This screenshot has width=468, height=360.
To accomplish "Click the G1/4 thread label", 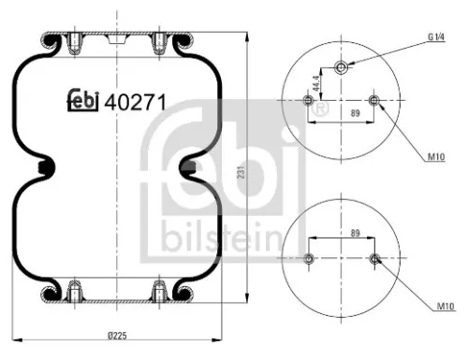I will point(436,36).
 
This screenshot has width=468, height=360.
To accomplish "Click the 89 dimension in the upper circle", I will point(343,111).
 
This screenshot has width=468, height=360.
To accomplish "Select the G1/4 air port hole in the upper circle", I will point(342,66).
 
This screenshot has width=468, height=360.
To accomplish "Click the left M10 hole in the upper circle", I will point(310,101).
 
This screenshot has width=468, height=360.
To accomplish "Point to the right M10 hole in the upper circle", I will point(374,101).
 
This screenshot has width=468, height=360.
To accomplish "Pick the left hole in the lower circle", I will point(310,258).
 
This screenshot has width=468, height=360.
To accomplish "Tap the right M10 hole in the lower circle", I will point(374,258).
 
